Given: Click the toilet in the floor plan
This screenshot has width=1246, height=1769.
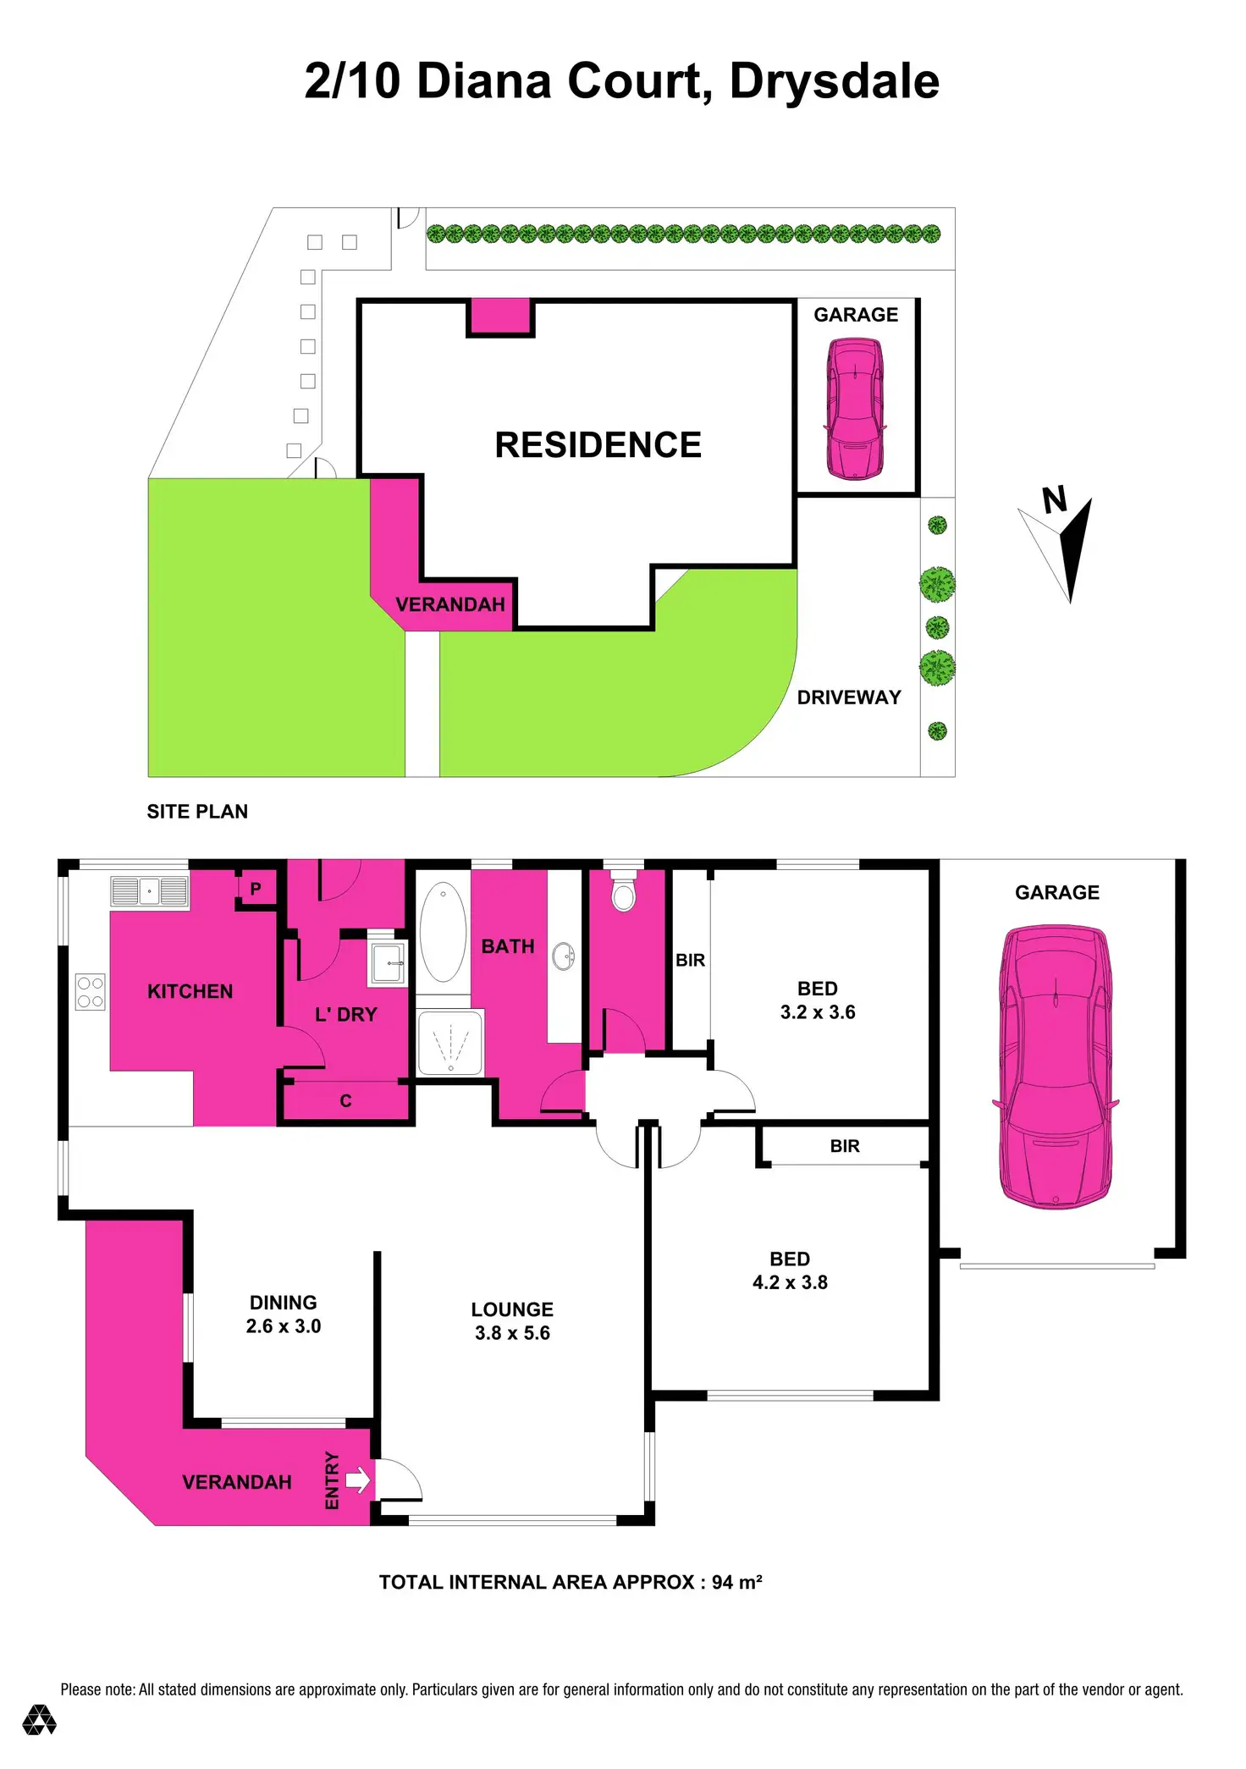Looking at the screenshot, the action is point(624,894).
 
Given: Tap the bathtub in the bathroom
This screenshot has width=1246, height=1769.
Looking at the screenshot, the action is point(443,932).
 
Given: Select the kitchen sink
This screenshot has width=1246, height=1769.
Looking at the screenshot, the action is point(150,892).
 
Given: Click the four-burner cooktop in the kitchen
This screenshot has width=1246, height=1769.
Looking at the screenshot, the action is point(91,992).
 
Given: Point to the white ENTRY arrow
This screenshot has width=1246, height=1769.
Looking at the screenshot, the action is point(358,1480).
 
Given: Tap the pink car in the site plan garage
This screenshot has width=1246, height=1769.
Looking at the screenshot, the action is point(855,408).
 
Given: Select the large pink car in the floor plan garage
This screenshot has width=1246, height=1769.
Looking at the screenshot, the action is point(1056,1066).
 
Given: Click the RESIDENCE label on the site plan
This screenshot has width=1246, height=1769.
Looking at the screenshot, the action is point(598,445).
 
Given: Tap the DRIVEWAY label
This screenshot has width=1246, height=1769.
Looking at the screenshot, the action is point(849,697).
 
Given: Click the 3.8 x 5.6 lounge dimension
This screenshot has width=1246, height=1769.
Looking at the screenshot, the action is point(512,1333).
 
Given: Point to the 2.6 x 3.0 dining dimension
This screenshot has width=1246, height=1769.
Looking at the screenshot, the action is point(284,1326).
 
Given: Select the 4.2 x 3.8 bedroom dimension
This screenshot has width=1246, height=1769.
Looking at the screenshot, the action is point(790,1282).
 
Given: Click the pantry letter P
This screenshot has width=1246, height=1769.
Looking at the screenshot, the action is point(256,889).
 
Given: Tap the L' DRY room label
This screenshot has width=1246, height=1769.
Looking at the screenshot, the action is point(345,1014).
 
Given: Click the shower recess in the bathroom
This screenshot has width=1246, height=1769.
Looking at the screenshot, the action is point(450,1043).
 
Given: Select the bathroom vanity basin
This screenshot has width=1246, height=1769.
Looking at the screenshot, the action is point(563,956).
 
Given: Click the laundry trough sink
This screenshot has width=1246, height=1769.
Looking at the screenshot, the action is point(388,963).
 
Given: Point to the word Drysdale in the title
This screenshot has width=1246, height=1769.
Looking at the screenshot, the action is point(834,81).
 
